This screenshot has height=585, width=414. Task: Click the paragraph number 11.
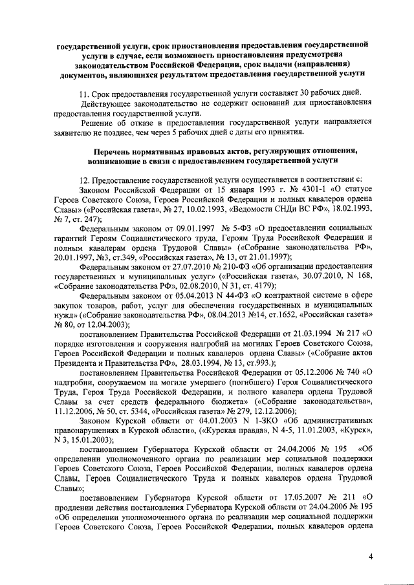coord(83,92)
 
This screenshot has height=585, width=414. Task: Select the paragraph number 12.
coord(83,178)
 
